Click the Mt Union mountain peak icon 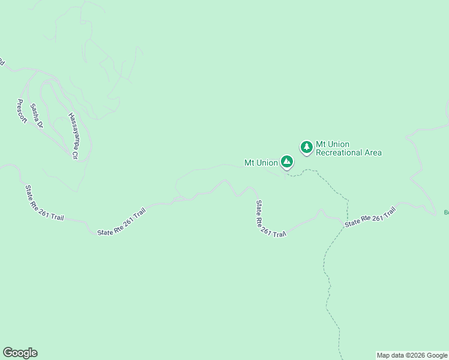click(287, 161)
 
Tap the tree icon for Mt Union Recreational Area click(307, 146)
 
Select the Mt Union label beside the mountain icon click(261, 163)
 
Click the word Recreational click(340, 152)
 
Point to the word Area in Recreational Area click(373, 152)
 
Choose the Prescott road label click(22, 112)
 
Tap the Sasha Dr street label click(37, 115)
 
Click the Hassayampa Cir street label click(74, 136)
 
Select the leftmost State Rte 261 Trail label click(44, 203)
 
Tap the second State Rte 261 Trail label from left click(122, 221)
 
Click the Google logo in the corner click(20, 353)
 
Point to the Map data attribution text click(412, 355)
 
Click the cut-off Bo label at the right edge click(446, 212)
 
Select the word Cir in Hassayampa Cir click(76, 154)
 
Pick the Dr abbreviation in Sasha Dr click(40, 124)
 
